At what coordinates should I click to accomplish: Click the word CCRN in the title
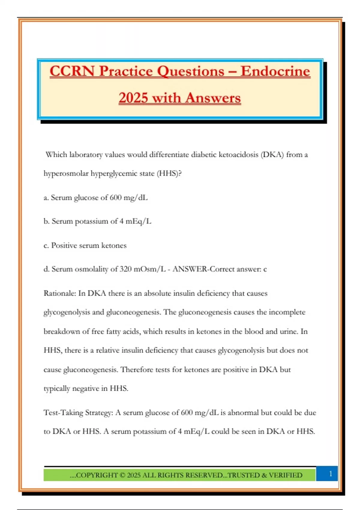pyautogui.click(x=72, y=71)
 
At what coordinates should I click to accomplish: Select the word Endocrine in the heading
pyautogui.click(x=275, y=71)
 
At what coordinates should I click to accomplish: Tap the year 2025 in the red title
pyautogui.click(x=133, y=98)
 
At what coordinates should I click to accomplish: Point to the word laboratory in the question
pyautogui.click(x=86, y=155)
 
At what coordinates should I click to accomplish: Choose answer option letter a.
pyautogui.click(x=46, y=198)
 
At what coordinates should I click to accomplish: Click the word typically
pyautogui.click(x=57, y=388)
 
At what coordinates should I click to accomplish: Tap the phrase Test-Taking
pyautogui.click(x=63, y=413)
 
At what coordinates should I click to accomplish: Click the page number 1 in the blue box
pyautogui.click(x=331, y=474)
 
